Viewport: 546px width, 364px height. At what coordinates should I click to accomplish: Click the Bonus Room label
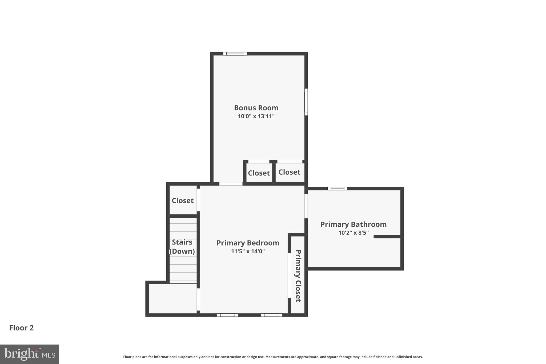click(x=256, y=108)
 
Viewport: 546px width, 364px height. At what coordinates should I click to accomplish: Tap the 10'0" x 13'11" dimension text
click(x=256, y=116)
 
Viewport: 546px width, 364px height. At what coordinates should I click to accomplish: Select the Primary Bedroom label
click(x=248, y=243)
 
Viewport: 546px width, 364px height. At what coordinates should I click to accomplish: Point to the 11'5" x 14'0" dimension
click(x=248, y=251)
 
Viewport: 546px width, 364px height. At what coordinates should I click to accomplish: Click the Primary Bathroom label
click(x=353, y=224)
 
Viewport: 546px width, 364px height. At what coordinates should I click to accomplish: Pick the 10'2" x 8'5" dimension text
click(x=353, y=233)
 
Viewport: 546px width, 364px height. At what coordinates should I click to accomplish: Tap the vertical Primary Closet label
click(x=298, y=275)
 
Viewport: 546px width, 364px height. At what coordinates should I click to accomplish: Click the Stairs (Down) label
click(x=182, y=247)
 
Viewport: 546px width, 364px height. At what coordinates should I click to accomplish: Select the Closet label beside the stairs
click(x=182, y=201)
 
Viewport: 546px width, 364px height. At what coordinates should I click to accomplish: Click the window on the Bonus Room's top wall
click(x=235, y=54)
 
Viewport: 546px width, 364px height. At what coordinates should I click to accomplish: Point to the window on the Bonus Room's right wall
click(x=306, y=102)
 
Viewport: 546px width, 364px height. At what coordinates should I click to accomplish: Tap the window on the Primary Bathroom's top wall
click(x=337, y=189)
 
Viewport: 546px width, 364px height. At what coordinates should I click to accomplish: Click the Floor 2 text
click(x=21, y=328)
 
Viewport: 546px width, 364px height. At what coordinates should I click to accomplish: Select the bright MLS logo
click(x=29, y=354)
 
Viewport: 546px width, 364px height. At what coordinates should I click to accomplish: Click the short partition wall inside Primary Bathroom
click(x=387, y=237)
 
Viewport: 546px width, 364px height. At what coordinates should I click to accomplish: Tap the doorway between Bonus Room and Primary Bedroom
click(x=231, y=184)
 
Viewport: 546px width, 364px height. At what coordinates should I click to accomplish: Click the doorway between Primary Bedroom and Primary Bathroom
click(x=306, y=206)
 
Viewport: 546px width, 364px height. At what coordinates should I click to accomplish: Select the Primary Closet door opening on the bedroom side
click(x=289, y=275)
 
